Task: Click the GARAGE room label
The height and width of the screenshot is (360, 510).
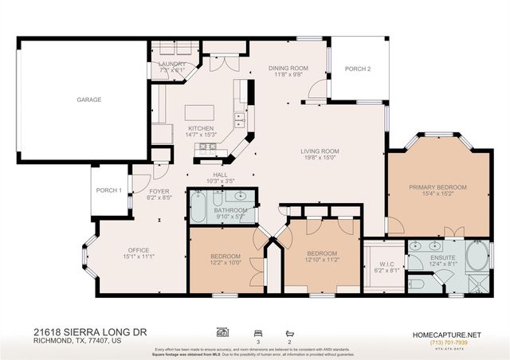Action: point(89,100)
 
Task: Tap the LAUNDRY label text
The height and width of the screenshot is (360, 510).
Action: point(172,64)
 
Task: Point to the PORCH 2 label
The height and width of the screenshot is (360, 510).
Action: point(358,68)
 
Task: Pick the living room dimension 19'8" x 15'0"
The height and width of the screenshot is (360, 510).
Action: point(320,158)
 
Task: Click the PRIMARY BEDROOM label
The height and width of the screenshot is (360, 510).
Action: point(437,187)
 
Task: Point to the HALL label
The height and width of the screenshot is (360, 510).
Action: point(221,174)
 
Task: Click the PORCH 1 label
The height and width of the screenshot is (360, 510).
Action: point(109,190)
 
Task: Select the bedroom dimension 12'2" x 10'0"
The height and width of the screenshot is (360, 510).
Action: point(226,262)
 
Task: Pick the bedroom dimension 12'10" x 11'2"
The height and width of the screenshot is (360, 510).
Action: point(323,260)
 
